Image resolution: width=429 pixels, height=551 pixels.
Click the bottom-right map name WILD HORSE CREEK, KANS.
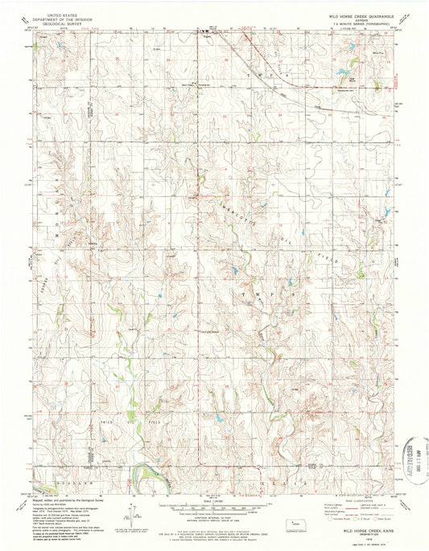point(365,532)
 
